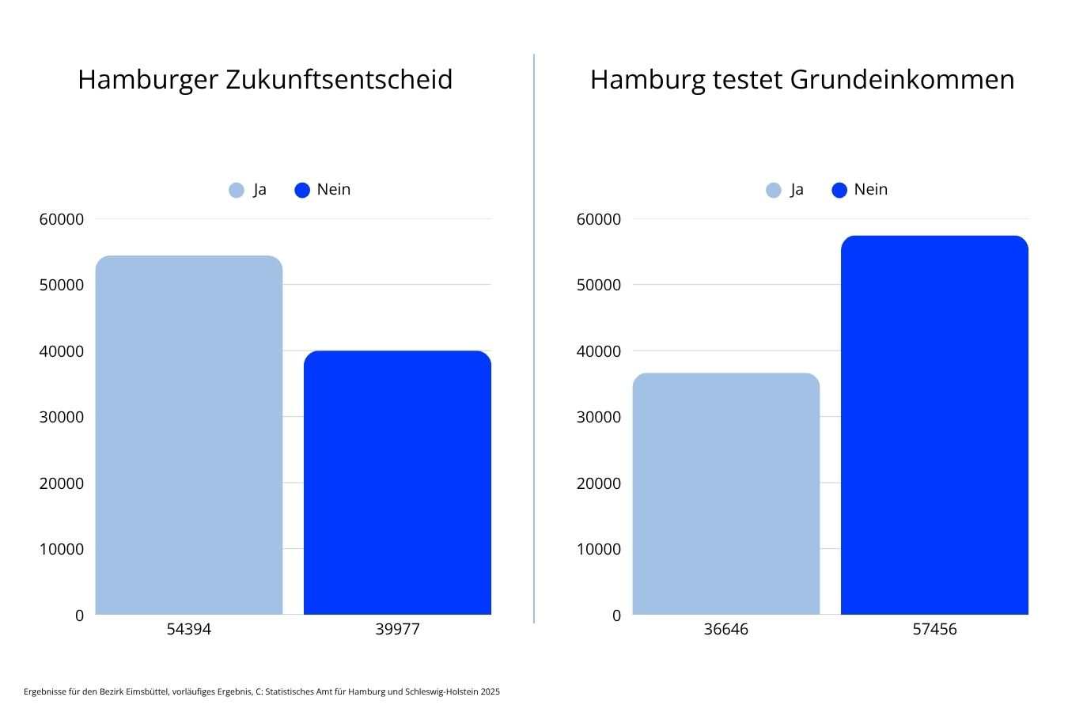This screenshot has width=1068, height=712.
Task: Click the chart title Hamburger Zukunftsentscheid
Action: [x=265, y=80]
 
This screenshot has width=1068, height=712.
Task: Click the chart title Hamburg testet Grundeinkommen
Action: [x=801, y=80]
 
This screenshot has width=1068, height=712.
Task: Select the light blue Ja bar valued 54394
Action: [x=189, y=435]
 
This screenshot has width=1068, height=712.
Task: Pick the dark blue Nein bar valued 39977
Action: [x=397, y=483]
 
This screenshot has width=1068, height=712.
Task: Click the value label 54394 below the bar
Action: [x=189, y=630]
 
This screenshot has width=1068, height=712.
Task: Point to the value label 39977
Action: [x=397, y=630]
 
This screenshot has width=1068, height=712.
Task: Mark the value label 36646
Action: [x=725, y=630]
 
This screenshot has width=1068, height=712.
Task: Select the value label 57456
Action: [x=934, y=630]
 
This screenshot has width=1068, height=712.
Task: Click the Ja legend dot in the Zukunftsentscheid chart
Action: [x=237, y=190]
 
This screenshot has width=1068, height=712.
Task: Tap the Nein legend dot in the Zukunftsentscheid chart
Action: [x=302, y=190]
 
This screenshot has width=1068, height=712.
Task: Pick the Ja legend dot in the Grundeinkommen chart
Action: [x=774, y=190]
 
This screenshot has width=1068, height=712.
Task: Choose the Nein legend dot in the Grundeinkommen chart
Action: [x=839, y=190]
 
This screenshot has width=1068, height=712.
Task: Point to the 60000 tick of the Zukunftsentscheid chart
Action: [x=62, y=219]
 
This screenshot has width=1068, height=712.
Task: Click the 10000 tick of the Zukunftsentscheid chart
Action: [x=62, y=549]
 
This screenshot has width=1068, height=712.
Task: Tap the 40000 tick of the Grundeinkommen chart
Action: [x=599, y=351]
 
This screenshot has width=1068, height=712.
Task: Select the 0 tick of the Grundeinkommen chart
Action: [x=616, y=615]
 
